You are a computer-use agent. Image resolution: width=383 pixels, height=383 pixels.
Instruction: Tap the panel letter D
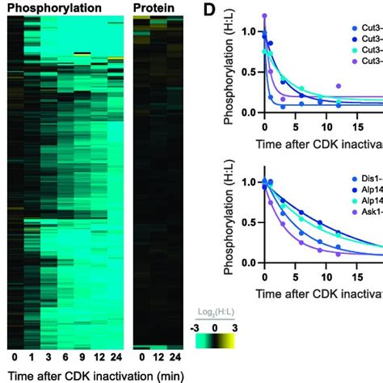pyautogui.click(x=207, y=9)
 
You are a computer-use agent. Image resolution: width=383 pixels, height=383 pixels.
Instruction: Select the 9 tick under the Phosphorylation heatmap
pyautogui.click(x=81, y=356)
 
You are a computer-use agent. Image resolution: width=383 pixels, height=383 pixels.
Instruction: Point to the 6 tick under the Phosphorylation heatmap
pyautogui.click(x=64, y=356)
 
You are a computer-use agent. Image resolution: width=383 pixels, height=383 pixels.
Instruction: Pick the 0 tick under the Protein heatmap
pyautogui.click(x=141, y=356)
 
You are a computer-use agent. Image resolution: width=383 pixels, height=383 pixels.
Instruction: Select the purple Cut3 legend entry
pyautogui.click(x=367, y=61)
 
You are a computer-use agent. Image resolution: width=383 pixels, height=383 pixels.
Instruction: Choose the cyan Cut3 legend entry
pyautogui.click(x=367, y=49)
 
